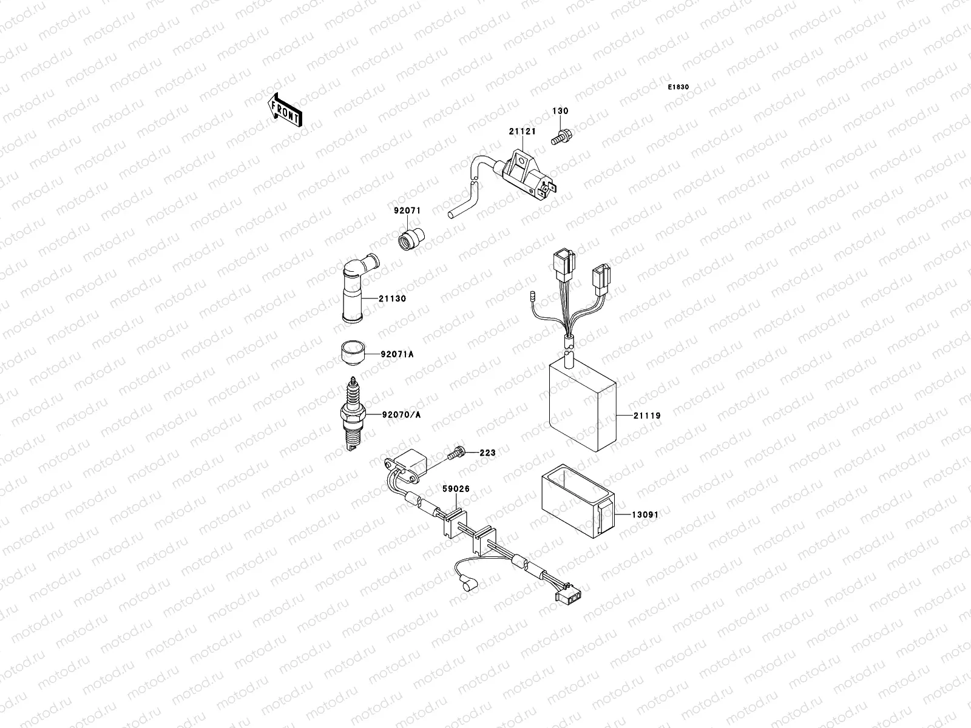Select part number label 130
pyautogui.click(x=560, y=112)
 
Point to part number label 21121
pyautogui.click(x=522, y=132)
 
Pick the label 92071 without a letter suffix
pyautogui.click(x=407, y=211)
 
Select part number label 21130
pyautogui.click(x=393, y=299)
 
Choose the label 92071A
pyautogui.click(x=397, y=354)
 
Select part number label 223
pyautogui.click(x=487, y=453)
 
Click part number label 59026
pyautogui.click(x=455, y=488)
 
